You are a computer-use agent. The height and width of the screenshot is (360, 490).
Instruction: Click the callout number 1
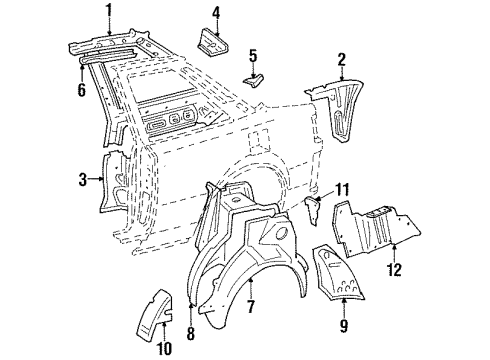[109, 13]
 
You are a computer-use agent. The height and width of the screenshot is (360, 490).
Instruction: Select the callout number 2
[341, 60]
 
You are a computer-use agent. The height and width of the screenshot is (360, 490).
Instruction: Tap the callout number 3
[83, 180]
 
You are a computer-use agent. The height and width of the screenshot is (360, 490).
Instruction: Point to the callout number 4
[216, 13]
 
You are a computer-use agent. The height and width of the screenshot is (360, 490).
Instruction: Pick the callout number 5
[253, 56]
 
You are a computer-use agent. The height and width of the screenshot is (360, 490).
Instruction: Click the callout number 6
[82, 89]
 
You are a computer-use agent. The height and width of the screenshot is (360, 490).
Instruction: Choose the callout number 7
[251, 306]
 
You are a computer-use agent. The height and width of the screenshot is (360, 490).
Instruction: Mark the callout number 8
[190, 333]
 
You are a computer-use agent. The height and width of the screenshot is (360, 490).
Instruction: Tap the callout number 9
[344, 325]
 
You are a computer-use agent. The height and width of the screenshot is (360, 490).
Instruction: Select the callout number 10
[164, 348]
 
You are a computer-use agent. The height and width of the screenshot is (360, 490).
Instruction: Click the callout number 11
[342, 190]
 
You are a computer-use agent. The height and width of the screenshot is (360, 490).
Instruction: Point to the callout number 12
[394, 269]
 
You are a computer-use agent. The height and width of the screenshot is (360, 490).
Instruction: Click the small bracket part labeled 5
[254, 81]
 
